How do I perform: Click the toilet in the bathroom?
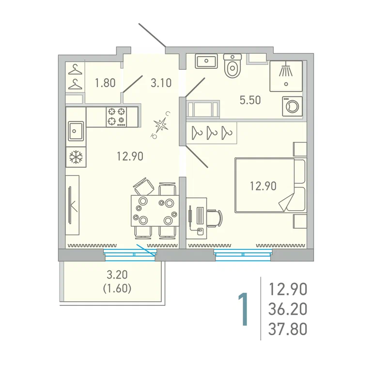tap(232, 65)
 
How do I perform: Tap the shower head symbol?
tap(286, 69)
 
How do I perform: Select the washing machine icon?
tap(292, 106)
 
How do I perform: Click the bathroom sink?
tap(206, 61)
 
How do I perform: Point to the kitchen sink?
tap(76, 131)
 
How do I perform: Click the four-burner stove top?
tap(116, 117)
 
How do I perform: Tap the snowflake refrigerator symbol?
tap(76, 157)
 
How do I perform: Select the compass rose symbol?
tap(160, 125)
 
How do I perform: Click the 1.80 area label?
tap(105, 83)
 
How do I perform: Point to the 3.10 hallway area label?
tap(161, 83)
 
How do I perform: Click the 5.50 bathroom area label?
tap(250, 100)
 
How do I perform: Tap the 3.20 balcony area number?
tap(117, 275)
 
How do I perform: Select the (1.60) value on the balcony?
tap(117, 289)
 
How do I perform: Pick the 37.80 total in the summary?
tap(288, 329)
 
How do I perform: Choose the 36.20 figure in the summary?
tap(288, 309)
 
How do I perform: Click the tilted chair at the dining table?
tap(144, 186)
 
